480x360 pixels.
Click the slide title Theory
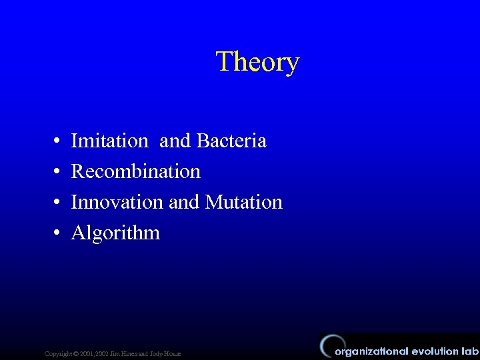click(x=257, y=62)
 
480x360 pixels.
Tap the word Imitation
click(x=109, y=141)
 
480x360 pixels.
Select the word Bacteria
click(x=231, y=141)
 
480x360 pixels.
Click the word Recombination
click(x=135, y=172)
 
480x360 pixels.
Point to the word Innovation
click(x=117, y=202)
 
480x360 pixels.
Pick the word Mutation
click(x=244, y=202)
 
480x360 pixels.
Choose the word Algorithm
click(x=115, y=233)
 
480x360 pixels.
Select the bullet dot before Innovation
click(x=58, y=203)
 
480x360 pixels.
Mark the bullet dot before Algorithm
click(x=58, y=233)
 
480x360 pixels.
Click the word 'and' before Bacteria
click(x=175, y=141)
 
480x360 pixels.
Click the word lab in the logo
click(x=469, y=351)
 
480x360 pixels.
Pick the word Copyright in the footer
click(x=57, y=353)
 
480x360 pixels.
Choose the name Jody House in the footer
click(x=167, y=353)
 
